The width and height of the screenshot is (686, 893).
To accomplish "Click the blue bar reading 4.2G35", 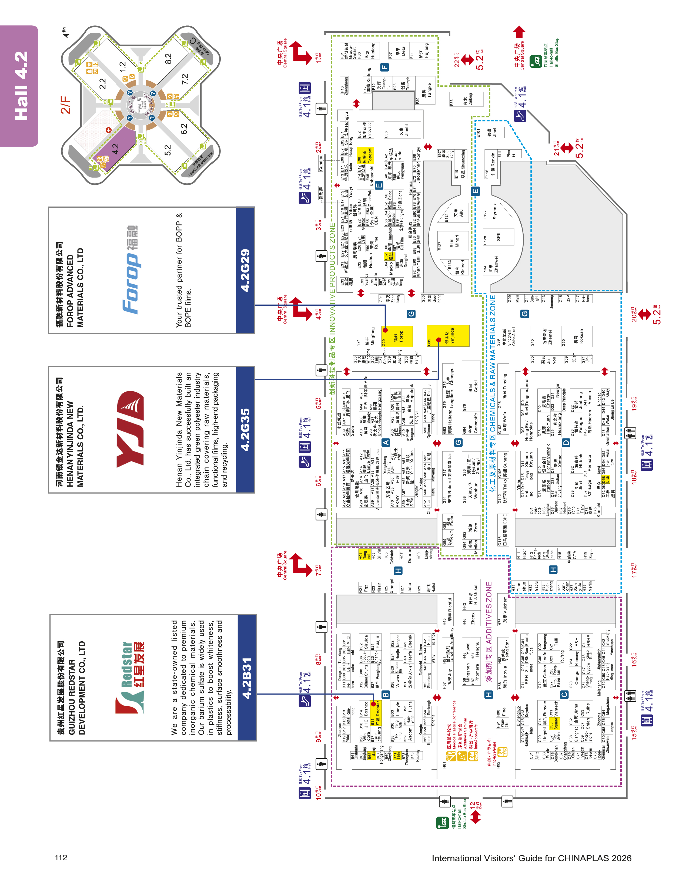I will tap(245, 430).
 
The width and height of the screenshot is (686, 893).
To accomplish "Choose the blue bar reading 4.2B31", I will tap(246, 678).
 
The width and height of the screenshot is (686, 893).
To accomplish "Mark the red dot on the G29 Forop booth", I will tap(385, 330).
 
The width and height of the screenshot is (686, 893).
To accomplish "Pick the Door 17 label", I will tap(634, 570).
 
